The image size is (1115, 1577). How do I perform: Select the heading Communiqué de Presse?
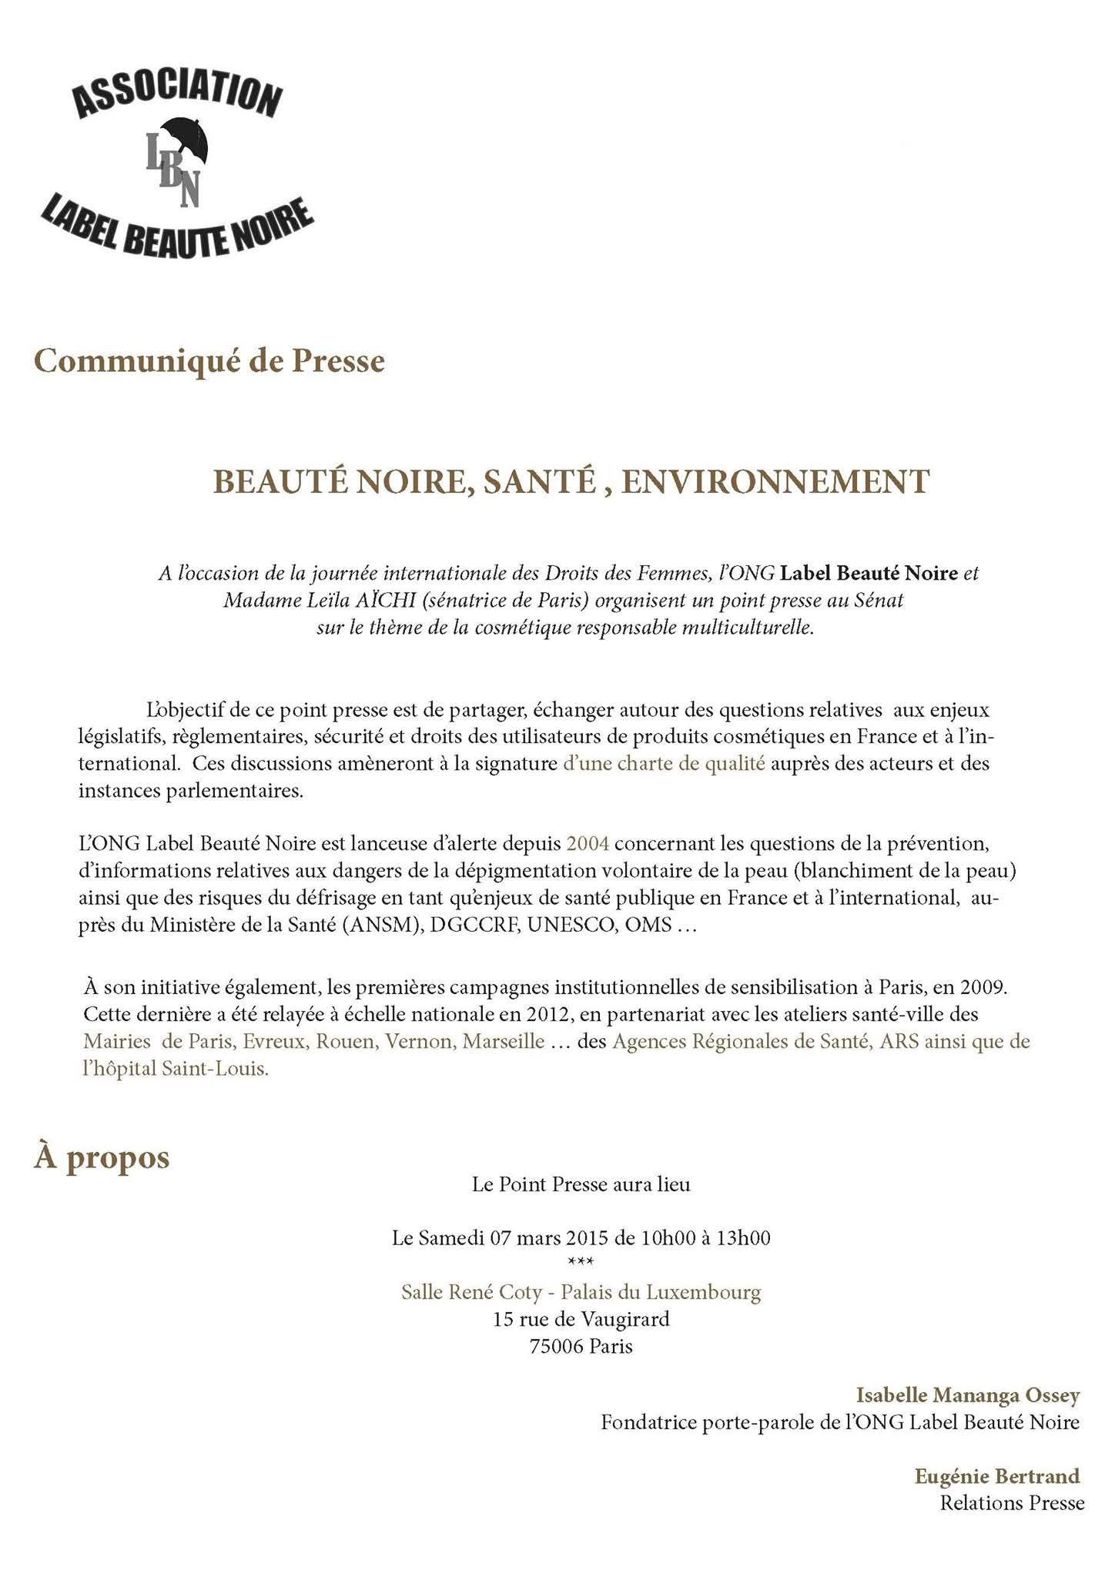pos(209,361)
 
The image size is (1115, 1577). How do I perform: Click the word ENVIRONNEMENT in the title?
pos(775,482)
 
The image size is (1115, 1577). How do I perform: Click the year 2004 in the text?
pos(588,843)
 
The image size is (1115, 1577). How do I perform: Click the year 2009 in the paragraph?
pos(983,987)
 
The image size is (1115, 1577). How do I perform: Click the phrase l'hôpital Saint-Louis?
pos(176,1070)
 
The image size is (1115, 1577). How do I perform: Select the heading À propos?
pos(102,1157)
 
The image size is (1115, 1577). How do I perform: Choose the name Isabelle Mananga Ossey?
pos(968,1395)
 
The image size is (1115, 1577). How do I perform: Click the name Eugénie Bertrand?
pos(997,1475)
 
